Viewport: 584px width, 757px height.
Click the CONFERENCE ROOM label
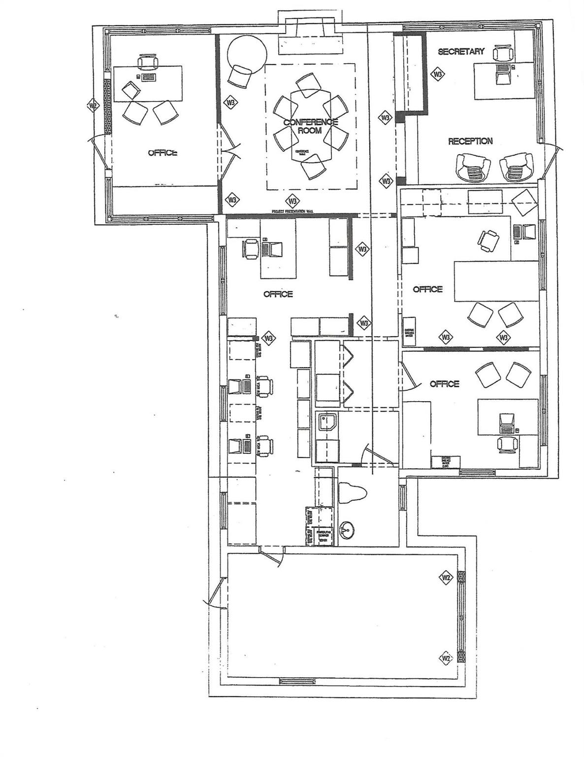point(310,126)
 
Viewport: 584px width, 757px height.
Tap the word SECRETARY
point(461,51)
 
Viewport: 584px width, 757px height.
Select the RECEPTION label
point(470,141)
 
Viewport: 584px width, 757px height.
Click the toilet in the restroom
point(353,493)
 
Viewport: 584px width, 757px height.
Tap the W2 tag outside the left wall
point(92,106)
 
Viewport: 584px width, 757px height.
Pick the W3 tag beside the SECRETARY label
point(437,74)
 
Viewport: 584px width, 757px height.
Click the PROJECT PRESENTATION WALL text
point(292,211)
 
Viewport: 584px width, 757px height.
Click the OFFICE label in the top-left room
point(162,153)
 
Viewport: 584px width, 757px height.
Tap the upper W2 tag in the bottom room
point(446,578)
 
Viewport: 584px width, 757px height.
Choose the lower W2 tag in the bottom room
point(446,657)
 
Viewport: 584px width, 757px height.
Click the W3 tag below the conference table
point(292,201)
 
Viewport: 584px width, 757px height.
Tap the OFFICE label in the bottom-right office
point(444,384)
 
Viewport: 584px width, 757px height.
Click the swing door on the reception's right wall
point(552,158)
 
